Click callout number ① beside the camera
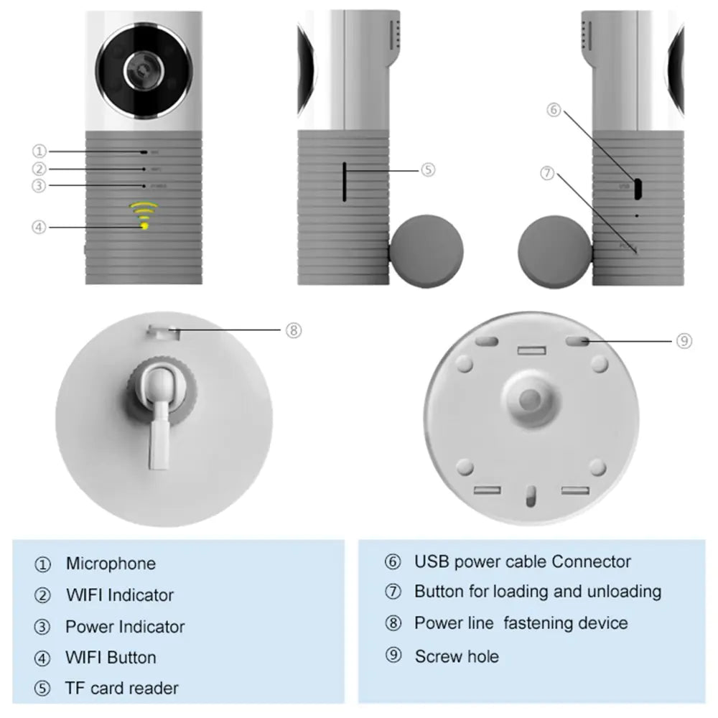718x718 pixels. pyautogui.click(x=39, y=151)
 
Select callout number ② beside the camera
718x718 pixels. pyautogui.click(x=39, y=169)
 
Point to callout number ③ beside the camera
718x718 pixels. pyautogui.click(x=39, y=186)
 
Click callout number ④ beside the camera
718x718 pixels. pyautogui.click(x=39, y=227)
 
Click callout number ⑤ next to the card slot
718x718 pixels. pyautogui.click(x=427, y=170)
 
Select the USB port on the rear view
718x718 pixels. pyautogui.click(x=636, y=187)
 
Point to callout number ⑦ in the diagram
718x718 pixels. pyautogui.click(x=548, y=173)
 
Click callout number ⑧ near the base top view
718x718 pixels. pyautogui.click(x=293, y=330)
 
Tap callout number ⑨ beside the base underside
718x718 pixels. pyautogui.click(x=684, y=341)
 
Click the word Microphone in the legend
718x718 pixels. pyautogui.click(x=111, y=564)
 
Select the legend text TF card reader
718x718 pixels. pyautogui.click(x=122, y=688)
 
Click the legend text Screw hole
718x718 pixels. pyautogui.click(x=457, y=656)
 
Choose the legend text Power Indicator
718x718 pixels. pyautogui.click(x=125, y=627)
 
